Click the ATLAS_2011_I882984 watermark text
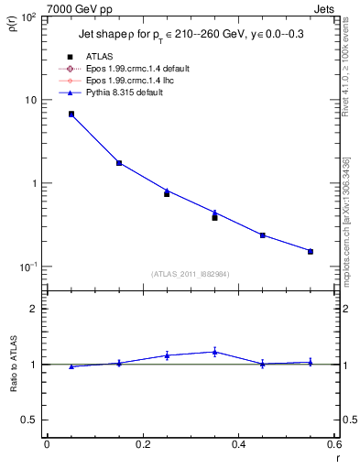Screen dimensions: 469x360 190,274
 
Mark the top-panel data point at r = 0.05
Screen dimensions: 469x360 71,115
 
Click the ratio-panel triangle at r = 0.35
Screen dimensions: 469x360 214,351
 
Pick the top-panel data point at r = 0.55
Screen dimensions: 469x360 311,251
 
